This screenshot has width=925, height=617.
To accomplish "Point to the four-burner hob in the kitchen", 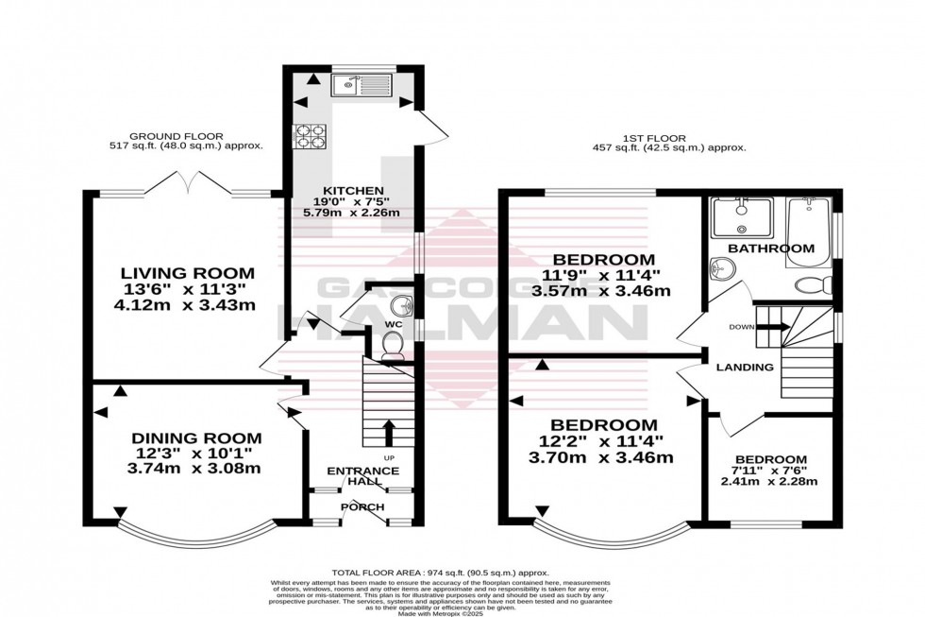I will [x=311, y=138].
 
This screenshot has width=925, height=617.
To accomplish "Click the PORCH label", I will [x=362, y=507].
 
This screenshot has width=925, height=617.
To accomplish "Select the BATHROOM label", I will [x=770, y=249].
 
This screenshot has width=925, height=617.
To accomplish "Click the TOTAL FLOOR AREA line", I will [x=439, y=574].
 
